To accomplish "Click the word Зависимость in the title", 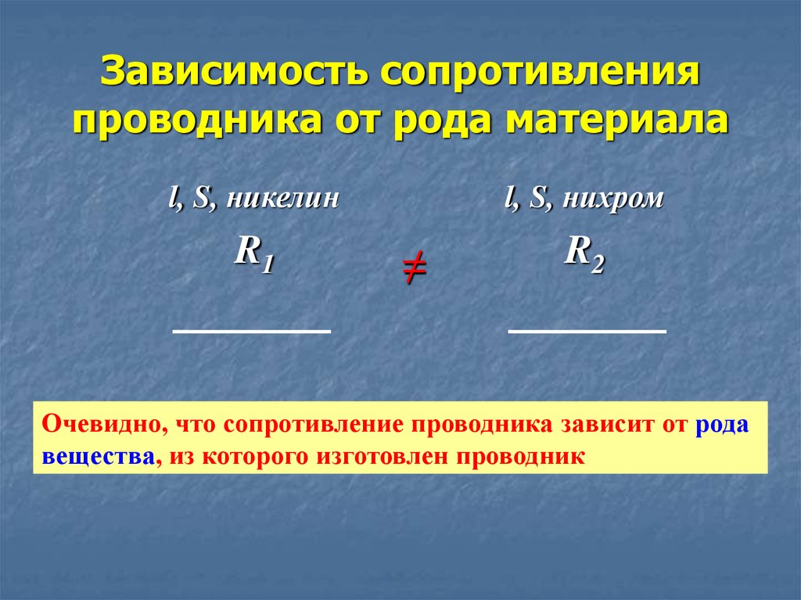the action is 234,70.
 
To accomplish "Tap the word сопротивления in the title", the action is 540,71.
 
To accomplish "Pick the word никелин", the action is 282,198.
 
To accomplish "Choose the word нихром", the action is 613,198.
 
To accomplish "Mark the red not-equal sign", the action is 415,268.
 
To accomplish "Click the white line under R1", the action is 252,331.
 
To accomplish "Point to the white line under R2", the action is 587,331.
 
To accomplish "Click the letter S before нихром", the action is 537,198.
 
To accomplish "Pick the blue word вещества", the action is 98,456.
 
